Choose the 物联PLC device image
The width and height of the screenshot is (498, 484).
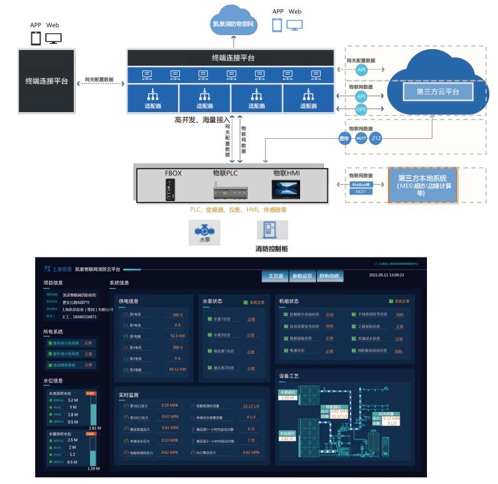coord(229,192)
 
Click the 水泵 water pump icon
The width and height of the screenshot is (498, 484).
coord(205,232)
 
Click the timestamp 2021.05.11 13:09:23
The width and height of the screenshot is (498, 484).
coord(386,275)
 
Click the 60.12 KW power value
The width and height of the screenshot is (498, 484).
coord(177,369)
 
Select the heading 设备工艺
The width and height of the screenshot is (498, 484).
coord(289,376)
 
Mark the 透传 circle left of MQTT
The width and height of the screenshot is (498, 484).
coord(343,139)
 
